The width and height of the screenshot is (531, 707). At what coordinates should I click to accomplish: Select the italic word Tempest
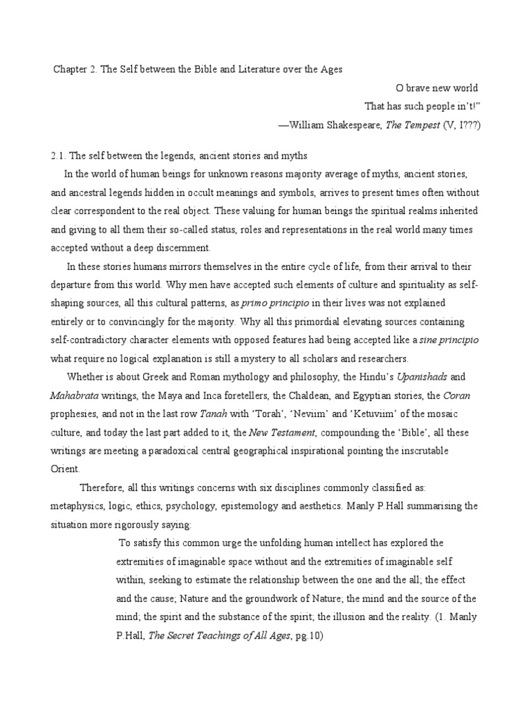pyautogui.click(x=424, y=125)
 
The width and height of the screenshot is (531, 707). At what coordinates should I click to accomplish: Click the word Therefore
pyautogui.click(x=104, y=487)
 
